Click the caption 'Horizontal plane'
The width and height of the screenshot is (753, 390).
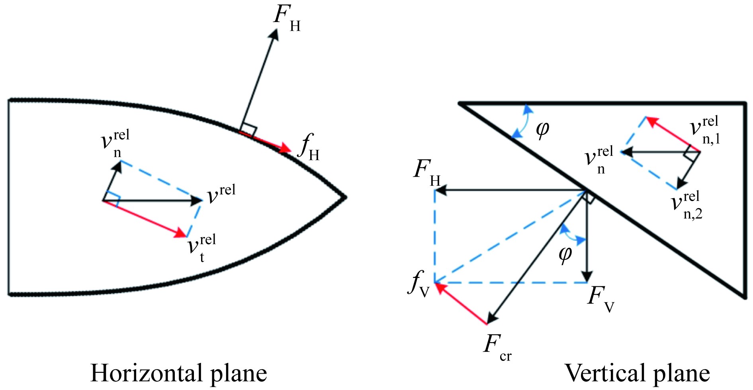[x=179, y=373]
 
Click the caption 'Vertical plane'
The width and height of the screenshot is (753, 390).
[x=637, y=373]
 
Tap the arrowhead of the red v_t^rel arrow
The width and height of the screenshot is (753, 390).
[x=182, y=233]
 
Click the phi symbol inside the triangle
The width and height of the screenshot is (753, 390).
[x=542, y=130]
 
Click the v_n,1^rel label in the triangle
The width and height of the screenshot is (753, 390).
[x=705, y=130]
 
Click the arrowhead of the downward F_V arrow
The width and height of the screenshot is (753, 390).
[x=587, y=277]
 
